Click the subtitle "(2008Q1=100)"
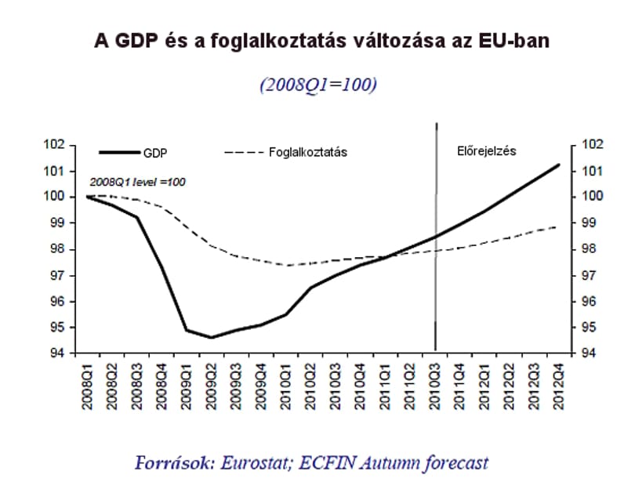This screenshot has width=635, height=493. pos(318,85)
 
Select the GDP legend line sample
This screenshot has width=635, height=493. pos(119,152)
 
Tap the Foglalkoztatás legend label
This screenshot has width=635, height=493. pos(308,152)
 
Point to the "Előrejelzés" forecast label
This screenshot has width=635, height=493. pos(486,151)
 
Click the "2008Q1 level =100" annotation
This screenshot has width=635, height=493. pos(137,182)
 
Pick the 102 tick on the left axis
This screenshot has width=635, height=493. pos(54,144)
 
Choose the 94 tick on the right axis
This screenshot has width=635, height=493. pos(589,353)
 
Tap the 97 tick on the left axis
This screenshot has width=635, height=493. pos(57,276)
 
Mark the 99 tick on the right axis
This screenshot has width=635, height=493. pos(589,223)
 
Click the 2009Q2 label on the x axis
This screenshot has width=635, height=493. pos(211,386)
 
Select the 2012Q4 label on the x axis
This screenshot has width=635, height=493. pos(559,386)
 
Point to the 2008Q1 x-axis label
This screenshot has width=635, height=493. pos(87,386)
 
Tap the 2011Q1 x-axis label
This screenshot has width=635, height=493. pos(385,386)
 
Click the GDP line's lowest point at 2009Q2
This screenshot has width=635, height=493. pos(211,337)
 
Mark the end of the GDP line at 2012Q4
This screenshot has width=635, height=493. pos(559,165)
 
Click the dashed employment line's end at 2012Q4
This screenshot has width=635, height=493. pos(556,227)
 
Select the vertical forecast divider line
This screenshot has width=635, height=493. pos(436,237)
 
